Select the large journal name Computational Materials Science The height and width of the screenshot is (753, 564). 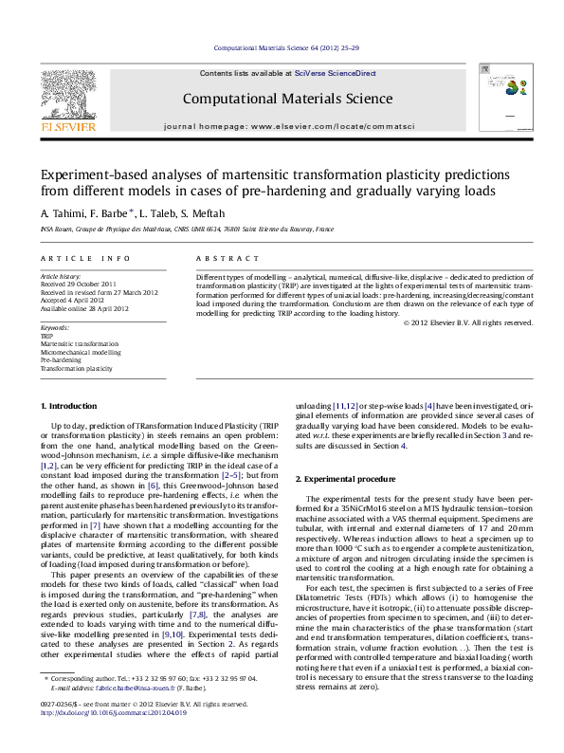tap(282, 98)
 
